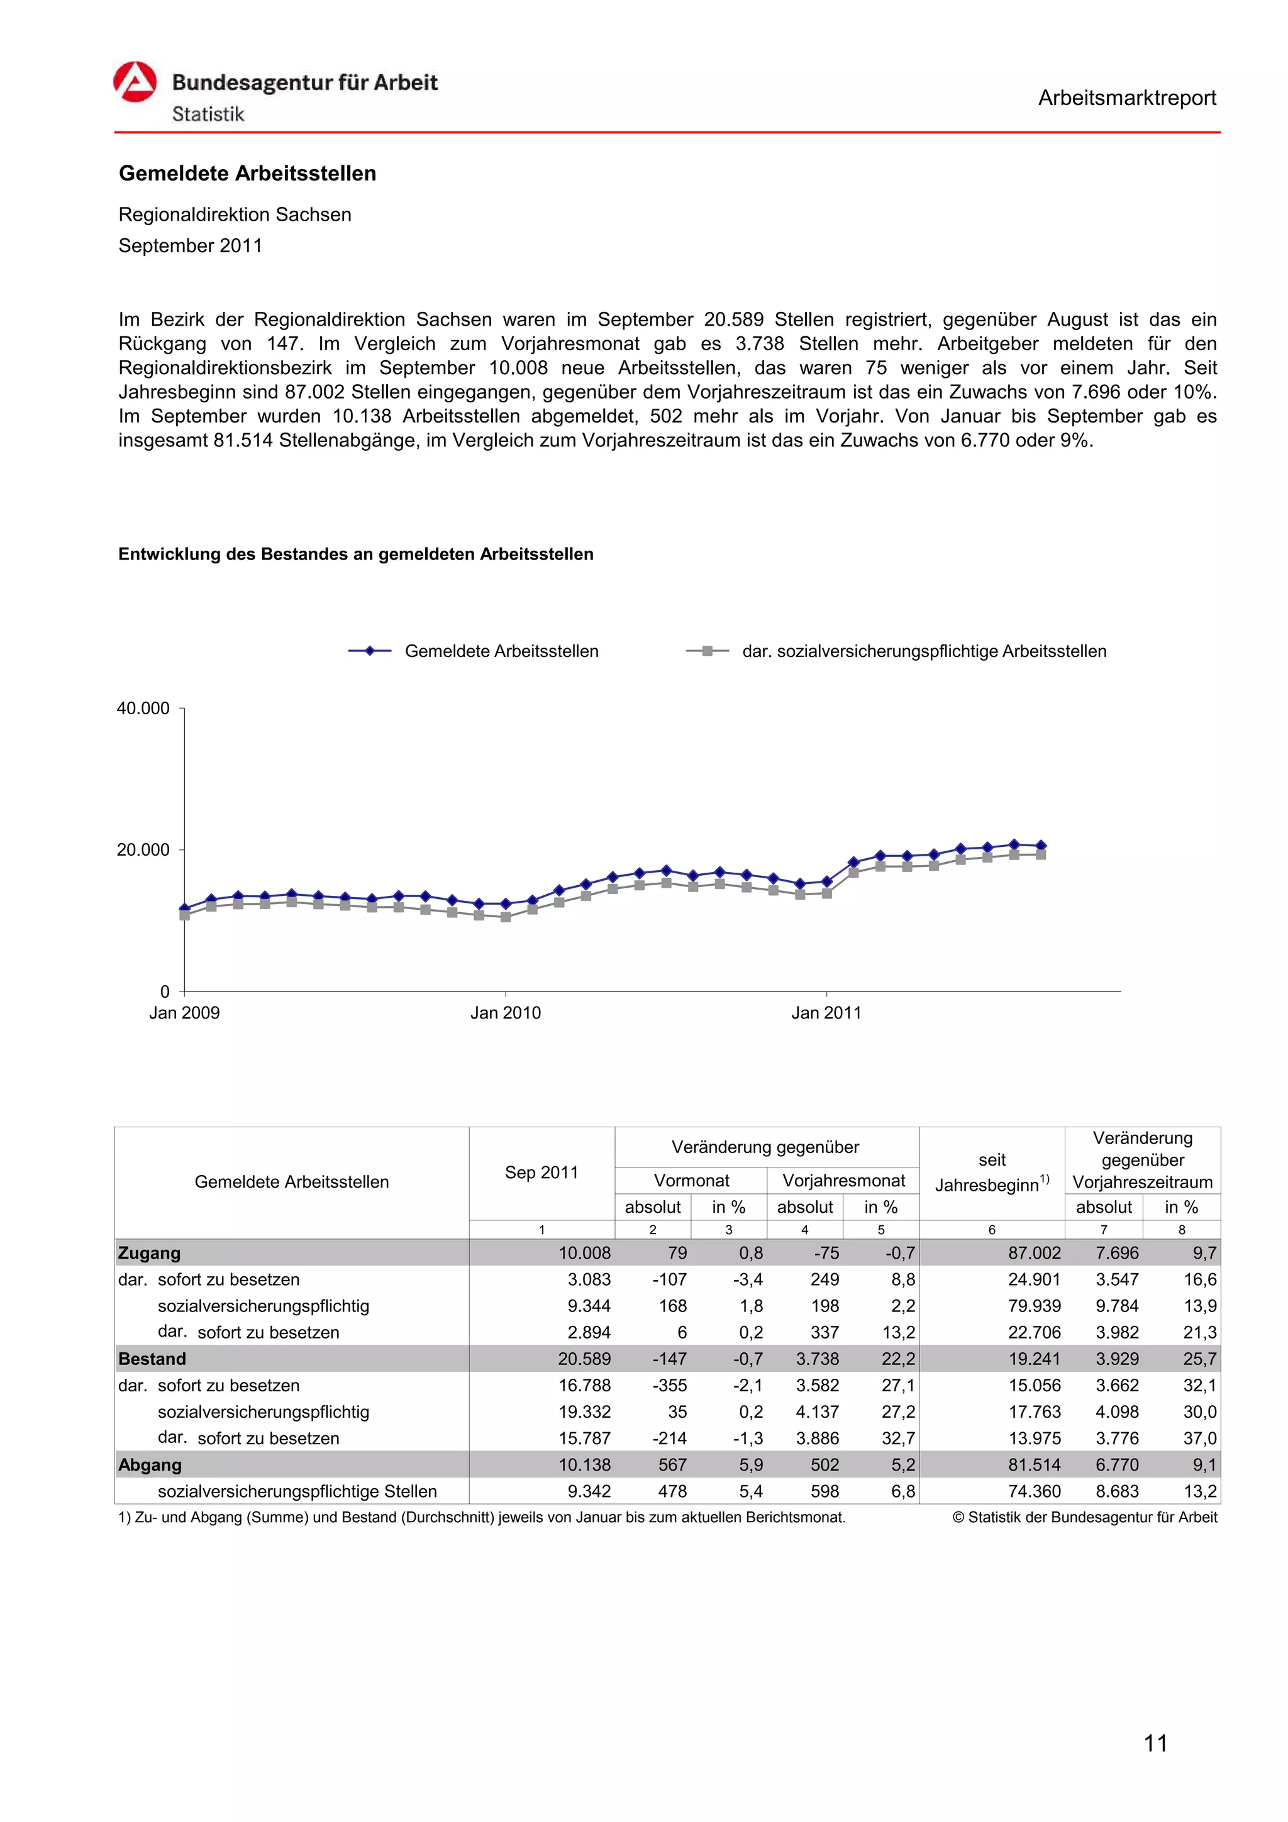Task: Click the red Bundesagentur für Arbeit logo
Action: tap(135, 82)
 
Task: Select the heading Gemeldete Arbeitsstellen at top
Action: tap(247, 173)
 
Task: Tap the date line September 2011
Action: tap(190, 245)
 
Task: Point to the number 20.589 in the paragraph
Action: tap(733, 320)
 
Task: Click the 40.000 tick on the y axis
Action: tap(143, 708)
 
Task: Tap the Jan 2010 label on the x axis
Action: tap(505, 1013)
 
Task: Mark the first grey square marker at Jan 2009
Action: tap(185, 915)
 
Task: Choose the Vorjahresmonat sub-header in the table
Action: tap(843, 1180)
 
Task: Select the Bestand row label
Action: tap(152, 1359)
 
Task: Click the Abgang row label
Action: tap(150, 1465)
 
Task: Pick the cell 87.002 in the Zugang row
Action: tap(1033, 1253)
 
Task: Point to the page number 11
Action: tap(1155, 1743)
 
